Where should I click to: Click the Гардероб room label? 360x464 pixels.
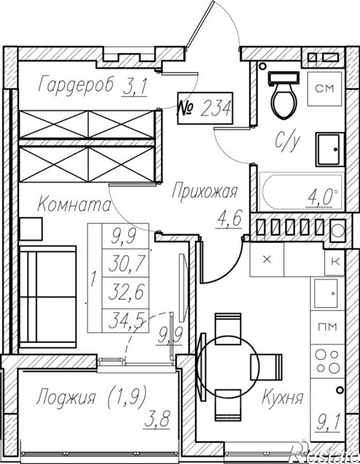pos(76,83)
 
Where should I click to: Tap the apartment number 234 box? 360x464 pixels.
pos(205,108)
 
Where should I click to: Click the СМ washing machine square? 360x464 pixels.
pos(324,88)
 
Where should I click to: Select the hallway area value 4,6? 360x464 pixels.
pos(230,219)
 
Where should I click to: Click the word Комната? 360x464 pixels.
pos(74,204)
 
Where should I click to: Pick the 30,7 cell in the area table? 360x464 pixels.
pos(125,263)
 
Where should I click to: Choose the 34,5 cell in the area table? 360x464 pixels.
pos(125,321)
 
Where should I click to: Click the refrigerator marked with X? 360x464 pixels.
pos(267,259)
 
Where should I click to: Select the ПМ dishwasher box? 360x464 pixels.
pos(327,327)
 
